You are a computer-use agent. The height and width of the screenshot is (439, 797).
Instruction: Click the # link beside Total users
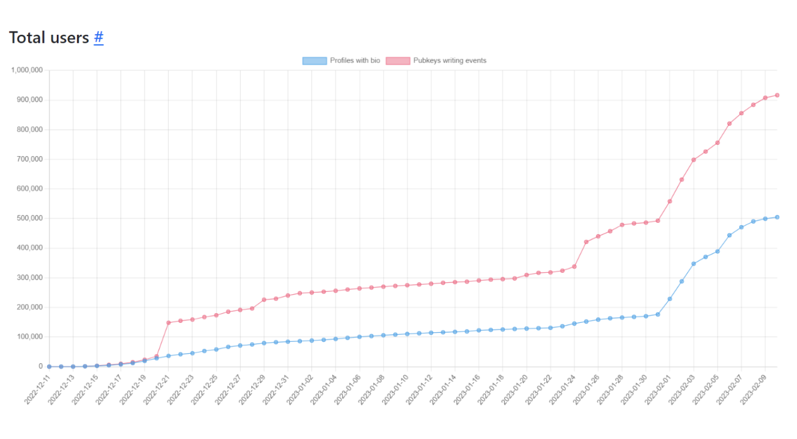point(98,38)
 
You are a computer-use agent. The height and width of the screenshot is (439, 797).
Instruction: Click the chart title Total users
point(49,38)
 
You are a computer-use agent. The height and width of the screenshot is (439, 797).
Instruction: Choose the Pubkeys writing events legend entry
point(436,61)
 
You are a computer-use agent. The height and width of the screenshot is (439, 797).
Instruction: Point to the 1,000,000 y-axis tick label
point(27,70)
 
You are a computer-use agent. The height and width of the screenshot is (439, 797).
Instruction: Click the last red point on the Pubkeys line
point(777,95)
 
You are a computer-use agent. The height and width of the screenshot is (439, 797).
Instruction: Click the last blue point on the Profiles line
point(777,217)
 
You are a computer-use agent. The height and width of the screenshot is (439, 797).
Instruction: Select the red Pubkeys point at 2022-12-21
point(168,323)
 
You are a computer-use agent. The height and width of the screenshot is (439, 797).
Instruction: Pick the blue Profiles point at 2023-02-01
point(669,299)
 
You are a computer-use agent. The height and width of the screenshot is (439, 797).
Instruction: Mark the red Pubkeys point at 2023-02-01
point(669,201)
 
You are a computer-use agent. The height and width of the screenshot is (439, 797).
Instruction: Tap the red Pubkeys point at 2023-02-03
point(694,159)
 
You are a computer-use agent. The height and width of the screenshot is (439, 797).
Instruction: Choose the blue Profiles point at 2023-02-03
point(694,263)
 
